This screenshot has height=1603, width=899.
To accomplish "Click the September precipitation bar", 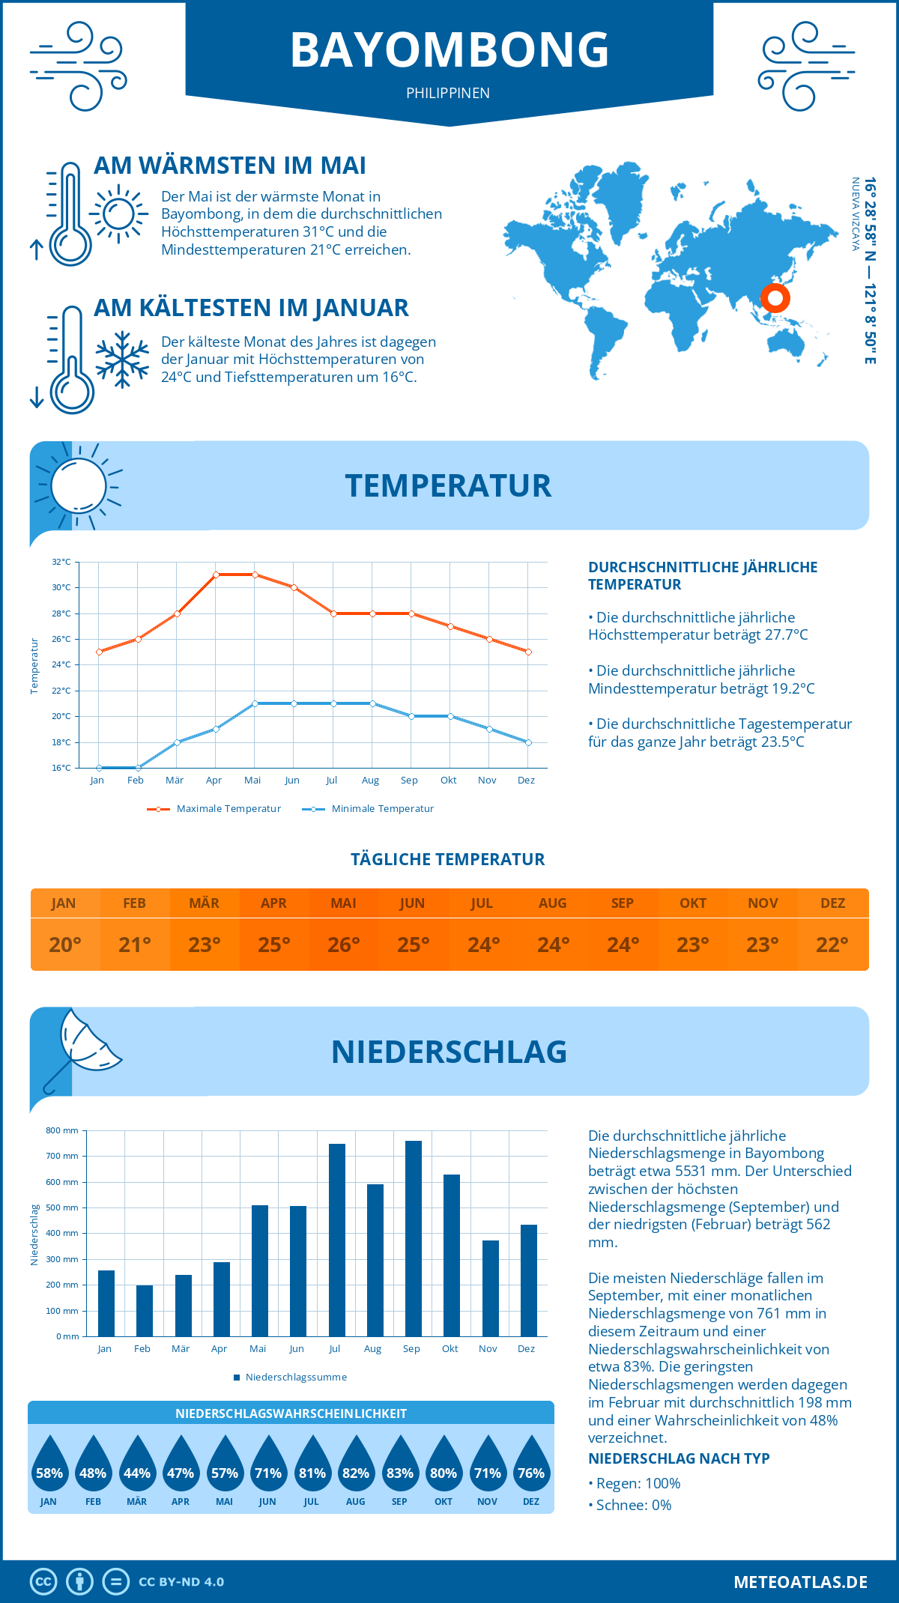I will pyautogui.click(x=413, y=1238).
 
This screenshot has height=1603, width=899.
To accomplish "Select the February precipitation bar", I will pyautogui.click(x=144, y=1310).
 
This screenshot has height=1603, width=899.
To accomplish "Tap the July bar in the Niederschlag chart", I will pyautogui.click(x=336, y=1240).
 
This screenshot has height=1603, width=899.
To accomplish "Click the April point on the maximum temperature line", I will pyautogui.click(x=216, y=575).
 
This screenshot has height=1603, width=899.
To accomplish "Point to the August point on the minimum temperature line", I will pyautogui.click(x=372, y=703).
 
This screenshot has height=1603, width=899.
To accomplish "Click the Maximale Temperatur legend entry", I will pyautogui.click(x=214, y=809).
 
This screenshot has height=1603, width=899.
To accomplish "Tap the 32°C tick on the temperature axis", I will pyautogui.click(x=61, y=562).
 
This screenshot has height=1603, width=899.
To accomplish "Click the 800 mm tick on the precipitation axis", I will pyautogui.click(x=63, y=1130).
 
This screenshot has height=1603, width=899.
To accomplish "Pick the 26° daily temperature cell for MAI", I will pyautogui.click(x=344, y=945).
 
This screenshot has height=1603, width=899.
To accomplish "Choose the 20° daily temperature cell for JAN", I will pyautogui.click(x=65, y=945).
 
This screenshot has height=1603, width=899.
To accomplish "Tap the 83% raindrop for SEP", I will pyautogui.click(x=399, y=1464).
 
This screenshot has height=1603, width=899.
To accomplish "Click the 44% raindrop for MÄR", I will pyautogui.click(x=137, y=1464).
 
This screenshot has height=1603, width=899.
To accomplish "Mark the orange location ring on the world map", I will pyautogui.click(x=775, y=298).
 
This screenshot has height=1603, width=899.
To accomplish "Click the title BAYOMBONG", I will pyautogui.click(x=449, y=50).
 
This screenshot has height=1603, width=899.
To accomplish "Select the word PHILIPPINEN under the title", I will pyautogui.click(x=448, y=93).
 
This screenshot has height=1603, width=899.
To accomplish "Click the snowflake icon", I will pyautogui.click(x=122, y=360).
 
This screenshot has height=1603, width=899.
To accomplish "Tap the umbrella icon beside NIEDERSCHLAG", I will pyautogui.click(x=82, y=1045).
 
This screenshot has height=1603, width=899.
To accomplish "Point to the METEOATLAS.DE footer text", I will pyautogui.click(x=800, y=1582).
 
